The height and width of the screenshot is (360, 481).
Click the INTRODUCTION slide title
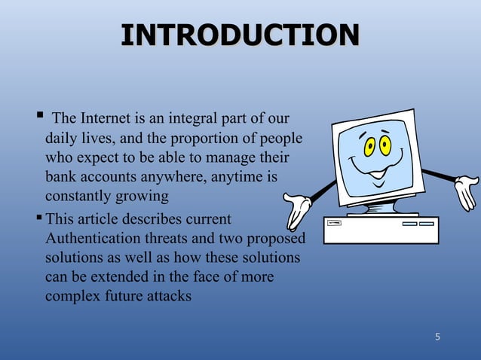[x=240, y=36]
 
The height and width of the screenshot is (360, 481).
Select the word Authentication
[x=90, y=239]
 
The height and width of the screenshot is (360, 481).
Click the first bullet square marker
[x=38, y=117]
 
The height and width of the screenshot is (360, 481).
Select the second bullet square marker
[x=38, y=218]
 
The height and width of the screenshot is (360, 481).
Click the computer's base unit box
[x=381, y=230]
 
